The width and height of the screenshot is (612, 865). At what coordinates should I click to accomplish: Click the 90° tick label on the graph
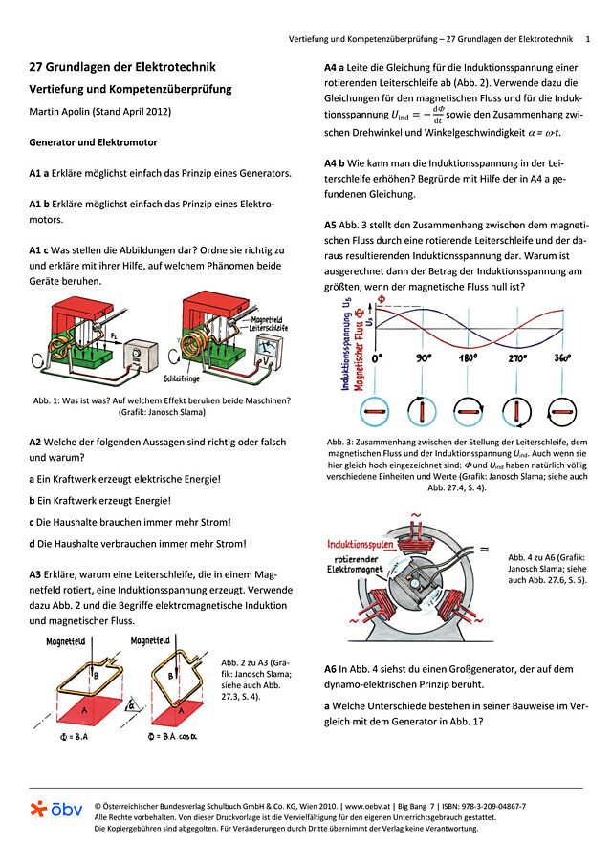[423, 357]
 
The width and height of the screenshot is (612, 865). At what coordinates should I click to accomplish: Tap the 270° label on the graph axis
[518, 357]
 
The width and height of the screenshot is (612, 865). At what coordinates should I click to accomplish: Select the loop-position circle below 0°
[372, 411]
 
